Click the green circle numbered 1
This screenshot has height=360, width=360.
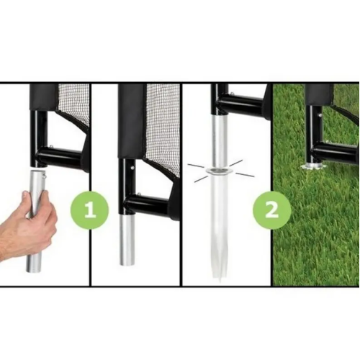[x=89, y=210]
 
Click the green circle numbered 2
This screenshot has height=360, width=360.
[x=271, y=210]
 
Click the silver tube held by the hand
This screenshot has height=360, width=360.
[x=36, y=221]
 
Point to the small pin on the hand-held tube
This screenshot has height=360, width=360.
[x=45, y=176]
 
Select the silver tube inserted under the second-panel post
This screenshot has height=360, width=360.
[x=128, y=240]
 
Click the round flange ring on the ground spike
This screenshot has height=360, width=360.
[x=218, y=171]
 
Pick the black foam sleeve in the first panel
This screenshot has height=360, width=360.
[x=44, y=96]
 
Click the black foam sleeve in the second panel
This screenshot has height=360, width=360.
[x=132, y=121]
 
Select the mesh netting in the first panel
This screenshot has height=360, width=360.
[x=73, y=106]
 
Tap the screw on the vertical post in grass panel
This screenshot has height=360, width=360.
[x=320, y=115]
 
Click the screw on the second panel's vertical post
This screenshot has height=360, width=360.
[x=132, y=168]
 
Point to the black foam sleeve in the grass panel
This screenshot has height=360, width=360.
[x=319, y=95]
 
